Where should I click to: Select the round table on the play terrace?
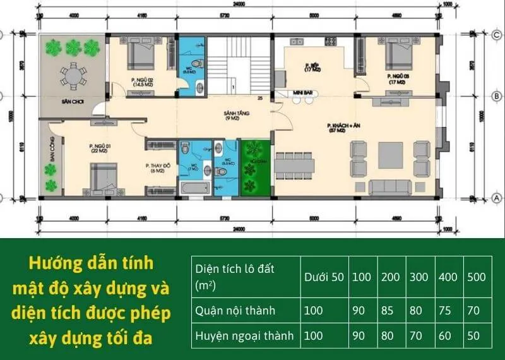tap(74, 76)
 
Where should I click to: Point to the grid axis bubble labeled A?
tap(496, 198)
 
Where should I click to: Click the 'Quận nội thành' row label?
tap(235, 311)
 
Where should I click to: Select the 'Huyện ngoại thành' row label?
tap(244, 336)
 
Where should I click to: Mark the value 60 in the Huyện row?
tap(445, 336)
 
